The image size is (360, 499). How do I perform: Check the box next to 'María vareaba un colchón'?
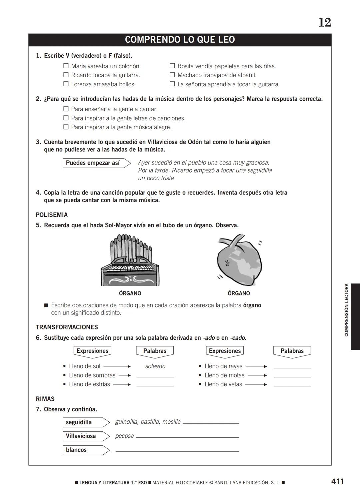[66, 66]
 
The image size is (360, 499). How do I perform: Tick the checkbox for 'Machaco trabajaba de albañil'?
[172, 75]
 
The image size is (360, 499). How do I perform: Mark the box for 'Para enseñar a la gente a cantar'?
[66, 109]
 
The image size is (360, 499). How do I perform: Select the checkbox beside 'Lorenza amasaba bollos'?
[66, 84]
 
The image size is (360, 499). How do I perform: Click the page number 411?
[338, 481]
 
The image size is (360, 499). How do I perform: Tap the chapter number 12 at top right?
[325, 23]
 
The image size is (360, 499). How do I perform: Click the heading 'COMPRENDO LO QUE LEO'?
[180, 40]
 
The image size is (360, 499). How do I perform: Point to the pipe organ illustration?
[130, 260]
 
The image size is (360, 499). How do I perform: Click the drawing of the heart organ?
[239, 260]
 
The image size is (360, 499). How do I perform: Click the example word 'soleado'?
[155, 366]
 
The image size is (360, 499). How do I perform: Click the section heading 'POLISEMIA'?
[52, 215]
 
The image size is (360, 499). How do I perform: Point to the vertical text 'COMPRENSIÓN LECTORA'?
[346, 310]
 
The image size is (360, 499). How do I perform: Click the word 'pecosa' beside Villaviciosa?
[124, 436]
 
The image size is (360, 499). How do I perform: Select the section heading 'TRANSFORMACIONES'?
[67, 327]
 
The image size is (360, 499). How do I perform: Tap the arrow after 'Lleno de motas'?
[257, 375]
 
